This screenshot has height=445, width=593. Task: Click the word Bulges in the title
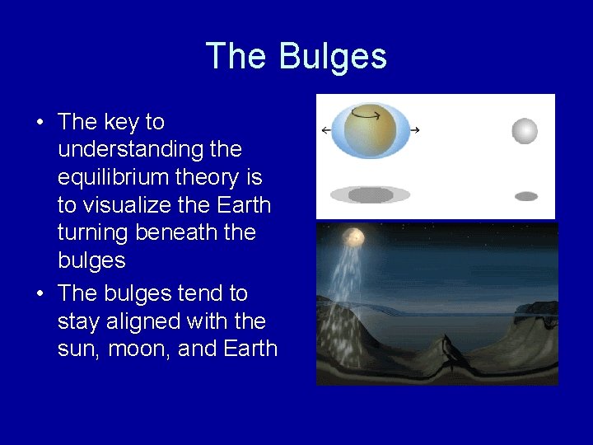tap(333, 57)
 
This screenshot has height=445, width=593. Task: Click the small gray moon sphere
tap(525, 131)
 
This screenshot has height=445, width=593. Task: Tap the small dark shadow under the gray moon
tap(525, 196)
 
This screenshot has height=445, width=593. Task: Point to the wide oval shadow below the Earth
tap(370, 195)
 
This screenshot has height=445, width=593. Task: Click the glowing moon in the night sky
tap(354, 237)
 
